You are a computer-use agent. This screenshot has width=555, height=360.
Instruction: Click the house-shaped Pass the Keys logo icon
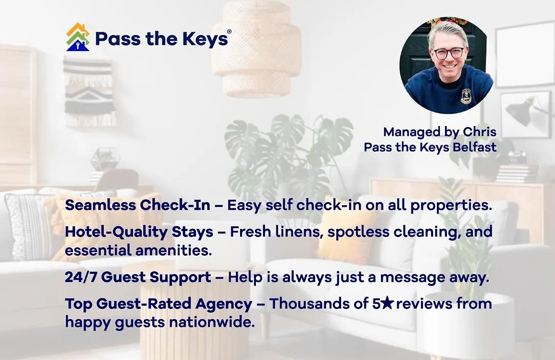pyautogui.click(x=78, y=37)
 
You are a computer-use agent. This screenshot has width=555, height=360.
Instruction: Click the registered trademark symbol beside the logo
pyautogui.click(x=229, y=31)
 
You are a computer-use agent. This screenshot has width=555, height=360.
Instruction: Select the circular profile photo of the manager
pyautogui.click(x=447, y=65)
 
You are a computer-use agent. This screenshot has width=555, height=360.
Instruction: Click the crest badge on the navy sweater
pyautogui.click(x=466, y=96)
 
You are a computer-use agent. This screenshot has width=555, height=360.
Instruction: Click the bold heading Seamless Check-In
pyautogui.click(x=137, y=205)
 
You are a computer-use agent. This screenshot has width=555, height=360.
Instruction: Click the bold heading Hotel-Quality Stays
pyautogui.click(x=139, y=232)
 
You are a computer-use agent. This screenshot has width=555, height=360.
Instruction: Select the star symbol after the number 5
pyautogui.click(x=387, y=303)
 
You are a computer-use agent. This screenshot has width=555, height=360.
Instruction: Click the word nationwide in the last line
pyautogui.click(x=212, y=322)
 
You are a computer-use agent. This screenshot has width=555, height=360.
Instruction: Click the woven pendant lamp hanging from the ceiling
pyautogui.click(x=256, y=48)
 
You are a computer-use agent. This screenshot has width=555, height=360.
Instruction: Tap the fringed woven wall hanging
pyautogui.click(x=89, y=92)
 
